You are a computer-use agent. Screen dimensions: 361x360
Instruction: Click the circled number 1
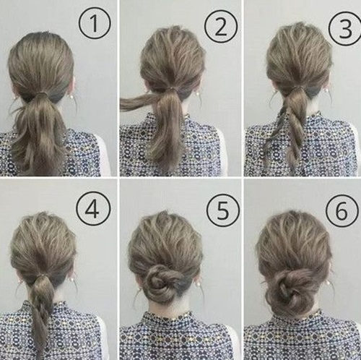pyautogui.click(x=95, y=23)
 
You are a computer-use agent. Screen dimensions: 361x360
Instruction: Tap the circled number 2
pyautogui.click(x=221, y=27)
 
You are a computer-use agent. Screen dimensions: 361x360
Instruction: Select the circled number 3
pyautogui.click(x=346, y=29)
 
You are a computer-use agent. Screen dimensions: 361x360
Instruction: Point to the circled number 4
pyautogui.click(x=93, y=209)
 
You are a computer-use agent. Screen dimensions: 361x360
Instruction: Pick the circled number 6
pyautogui.click(x=341, y=210)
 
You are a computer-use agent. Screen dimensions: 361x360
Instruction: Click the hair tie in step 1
pyautogui.click(x=43, y=93)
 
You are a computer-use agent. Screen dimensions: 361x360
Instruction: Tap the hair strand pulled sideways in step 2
pyautogui.click(x=140, y=102)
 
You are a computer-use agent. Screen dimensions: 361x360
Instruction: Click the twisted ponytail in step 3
pyautogui.click(x=288, y=126)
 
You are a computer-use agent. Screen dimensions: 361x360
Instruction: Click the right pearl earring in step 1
pyautogui.click(x=71, y=97)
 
